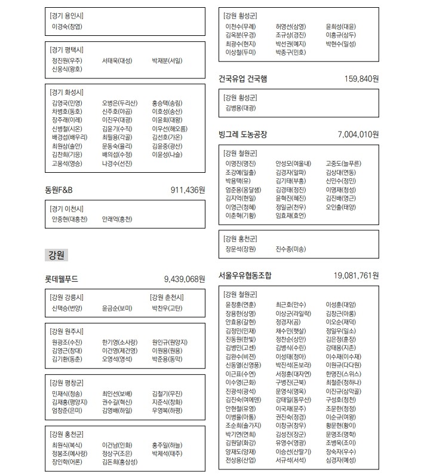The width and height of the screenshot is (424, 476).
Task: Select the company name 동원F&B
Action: pyautogui.click(x=59, y=190)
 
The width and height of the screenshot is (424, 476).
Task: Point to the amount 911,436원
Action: pyautogui.click(x=188, y=190)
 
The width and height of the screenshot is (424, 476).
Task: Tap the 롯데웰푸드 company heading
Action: pyautogui.click(x=62, y=279)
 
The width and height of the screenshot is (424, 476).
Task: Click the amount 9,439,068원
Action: pyautogui.click(x=185, y=279)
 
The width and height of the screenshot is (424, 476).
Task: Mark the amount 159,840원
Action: pyautogui.click(x=361, y=78)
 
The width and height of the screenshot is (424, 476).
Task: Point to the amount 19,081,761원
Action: pyautogui.click(x=357, y=276)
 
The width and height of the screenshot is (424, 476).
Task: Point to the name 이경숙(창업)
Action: pyautogui.click(x=67, y=26)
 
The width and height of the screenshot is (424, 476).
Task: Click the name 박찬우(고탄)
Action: pyautogui.click(x=167, y=309)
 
